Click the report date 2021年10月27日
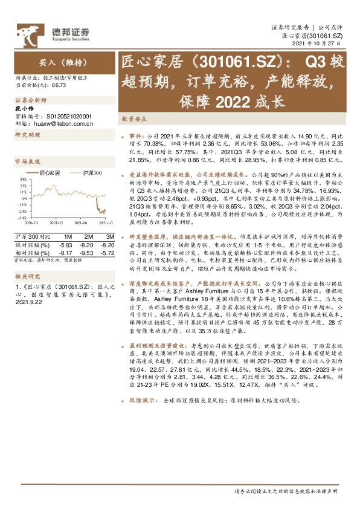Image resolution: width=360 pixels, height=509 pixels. [321, 45]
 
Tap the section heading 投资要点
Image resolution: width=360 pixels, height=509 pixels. [132, 120]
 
